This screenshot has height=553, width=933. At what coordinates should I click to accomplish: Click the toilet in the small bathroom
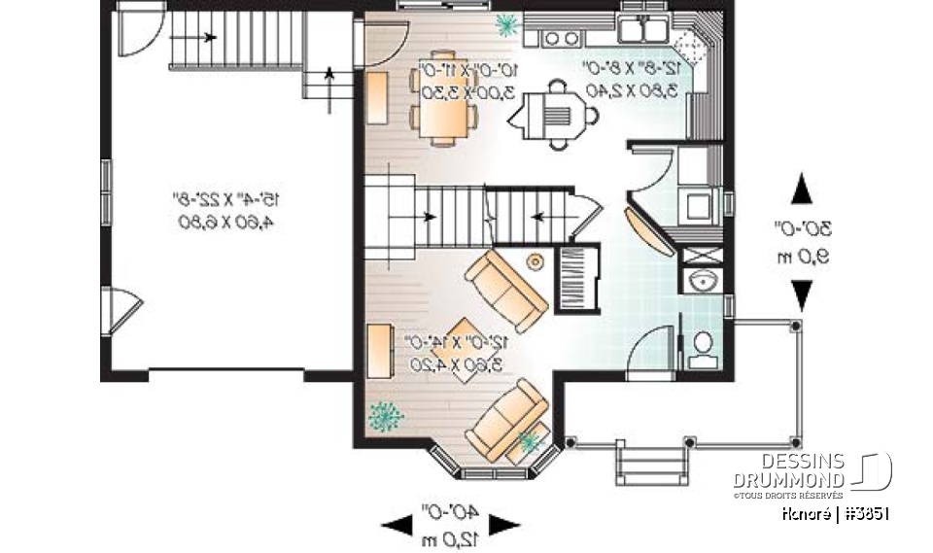(x=701, y=349)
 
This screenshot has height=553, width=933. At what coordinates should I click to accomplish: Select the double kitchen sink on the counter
(x=642, y=30)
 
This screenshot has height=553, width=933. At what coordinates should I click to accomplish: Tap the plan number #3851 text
(x=863, y=512)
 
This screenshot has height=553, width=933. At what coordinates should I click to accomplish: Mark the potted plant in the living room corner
(x=386, y=416)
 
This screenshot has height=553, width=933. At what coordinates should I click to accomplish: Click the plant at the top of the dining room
(x=506, y=24)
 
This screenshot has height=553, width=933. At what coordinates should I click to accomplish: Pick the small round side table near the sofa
(x=535, y=261)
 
